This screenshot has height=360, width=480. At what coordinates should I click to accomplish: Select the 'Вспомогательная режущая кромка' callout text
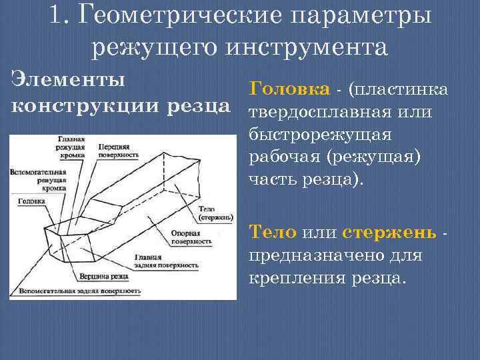[x=38, y=180]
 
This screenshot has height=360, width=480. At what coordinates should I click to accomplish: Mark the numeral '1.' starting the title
[x=59, y=16]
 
